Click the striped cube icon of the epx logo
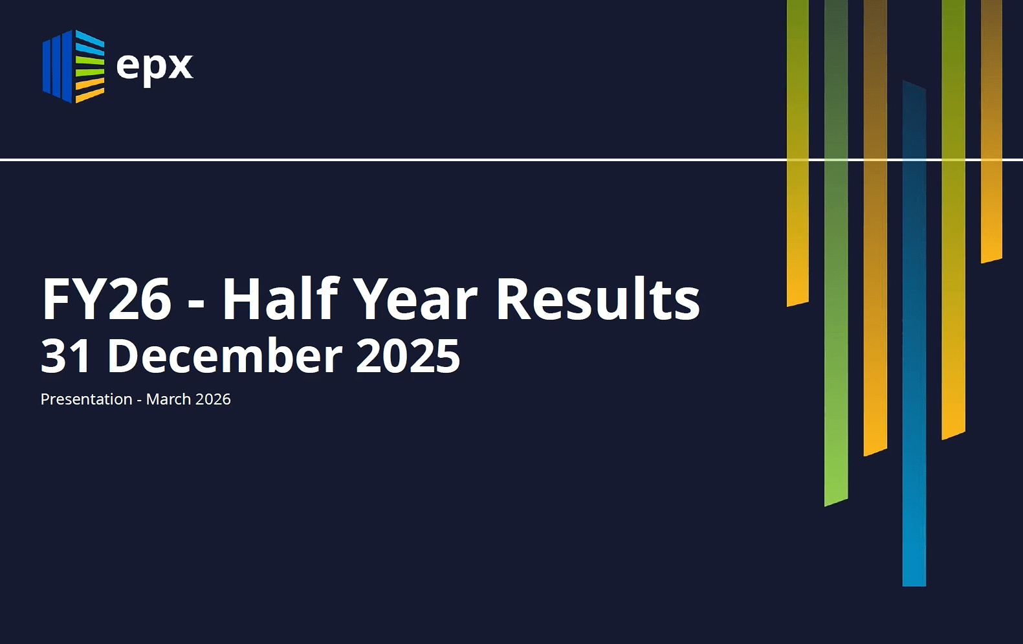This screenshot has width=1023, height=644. coord(74,66)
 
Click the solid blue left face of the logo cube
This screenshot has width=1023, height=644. coord(58,66)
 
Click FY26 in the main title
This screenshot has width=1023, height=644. coord(106,299)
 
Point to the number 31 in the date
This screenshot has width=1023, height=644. coord(65,356)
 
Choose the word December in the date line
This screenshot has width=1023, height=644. coord(225,355)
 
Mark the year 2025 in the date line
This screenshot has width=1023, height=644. coord(408,356)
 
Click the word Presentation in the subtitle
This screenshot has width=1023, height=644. coord(86,399)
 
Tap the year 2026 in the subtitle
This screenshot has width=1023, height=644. coord(213,399)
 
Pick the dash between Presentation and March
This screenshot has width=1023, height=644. coord(139,401)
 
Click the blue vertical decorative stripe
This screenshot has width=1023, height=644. coord(914,333)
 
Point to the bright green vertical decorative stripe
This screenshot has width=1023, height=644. coord(836,254)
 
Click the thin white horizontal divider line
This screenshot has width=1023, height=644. coord(511,159)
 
